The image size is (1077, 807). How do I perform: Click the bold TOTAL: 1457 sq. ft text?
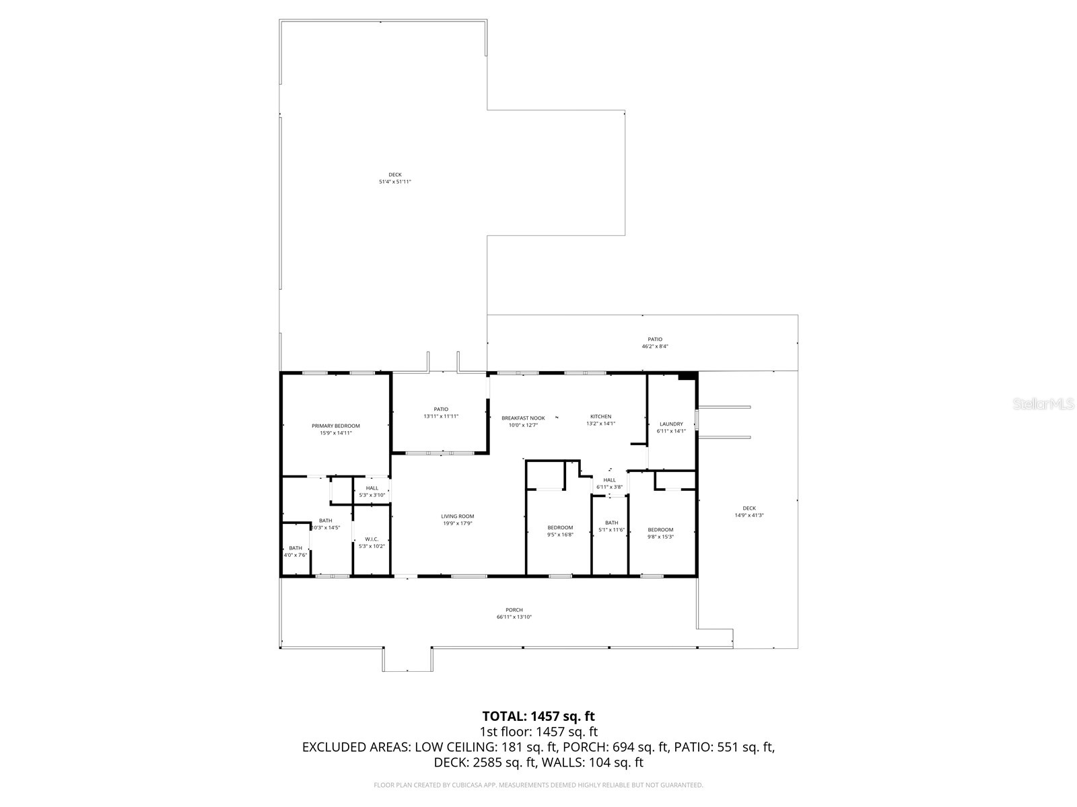[x=538, y=716]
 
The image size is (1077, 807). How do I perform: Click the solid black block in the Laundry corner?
[x=687, y=376]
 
